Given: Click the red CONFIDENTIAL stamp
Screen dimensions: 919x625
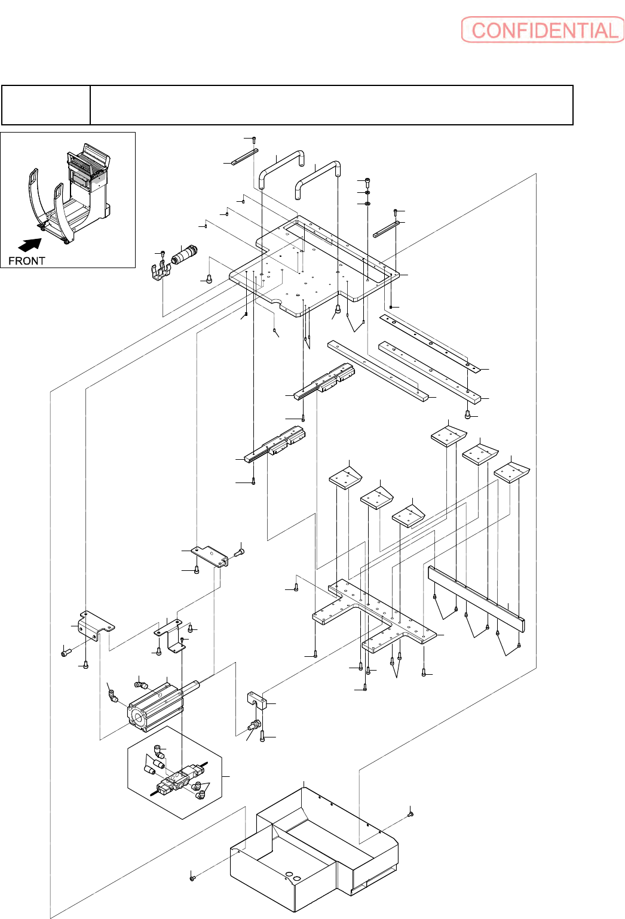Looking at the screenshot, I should click(x=543, y=30).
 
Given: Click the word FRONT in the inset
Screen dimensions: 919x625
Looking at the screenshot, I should click(x=26, y=261).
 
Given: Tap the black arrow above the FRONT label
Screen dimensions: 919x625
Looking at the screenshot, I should click(x=30, y=244).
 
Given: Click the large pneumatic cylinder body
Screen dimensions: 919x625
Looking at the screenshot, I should click(x=154, y=708).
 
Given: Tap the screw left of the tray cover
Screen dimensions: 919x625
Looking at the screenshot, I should click(x=192, y=877).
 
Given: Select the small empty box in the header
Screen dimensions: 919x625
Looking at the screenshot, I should click(x=46, y=105).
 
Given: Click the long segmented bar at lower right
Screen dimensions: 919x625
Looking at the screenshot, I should click(x=476, y=598).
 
